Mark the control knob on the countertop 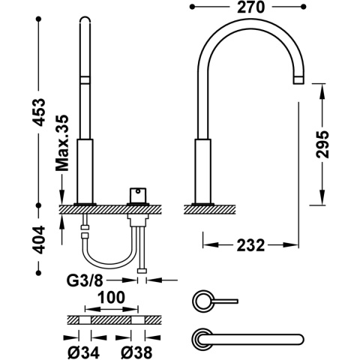[138, 195]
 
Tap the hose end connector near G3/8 [141, 266]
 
